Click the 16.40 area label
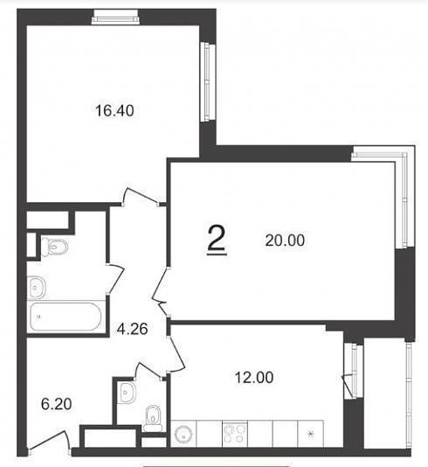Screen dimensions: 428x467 [114, 110]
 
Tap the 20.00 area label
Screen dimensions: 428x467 [285, 240]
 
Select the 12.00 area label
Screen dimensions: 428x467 [253, 377]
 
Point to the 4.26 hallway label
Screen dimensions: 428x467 [133, 329]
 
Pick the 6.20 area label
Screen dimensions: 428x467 [56, 404]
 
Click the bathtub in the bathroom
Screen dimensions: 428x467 [66, 317]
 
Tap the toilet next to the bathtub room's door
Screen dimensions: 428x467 [54, 247]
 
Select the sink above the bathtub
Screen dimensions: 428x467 [37, 288]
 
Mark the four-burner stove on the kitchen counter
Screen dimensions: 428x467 [235, 434]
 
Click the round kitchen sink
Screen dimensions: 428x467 [183, 435]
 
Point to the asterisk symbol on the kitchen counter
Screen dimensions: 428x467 [310, 435]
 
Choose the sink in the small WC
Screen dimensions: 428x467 [127, 393]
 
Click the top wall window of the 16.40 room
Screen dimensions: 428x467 [115, 17]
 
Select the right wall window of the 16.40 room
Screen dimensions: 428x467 [208, 82]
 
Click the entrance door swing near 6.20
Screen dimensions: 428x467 [49, 443]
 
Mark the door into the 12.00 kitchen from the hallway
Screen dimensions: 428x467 [176, 354]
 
